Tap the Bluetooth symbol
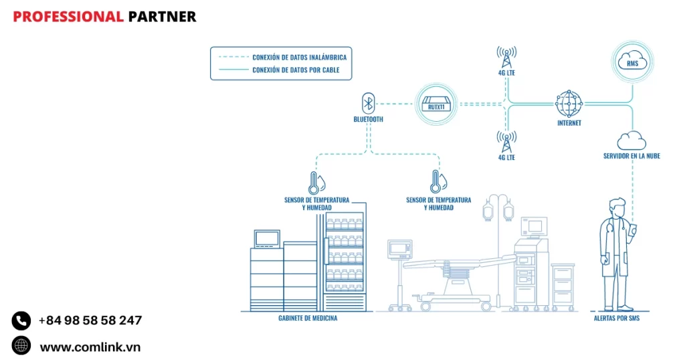coord(367,103)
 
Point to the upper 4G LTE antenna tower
coord(506,57)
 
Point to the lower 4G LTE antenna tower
coord(506,142)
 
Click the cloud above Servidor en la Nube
coord(631,141)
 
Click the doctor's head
coord(617,207)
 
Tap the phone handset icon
coord(21,321)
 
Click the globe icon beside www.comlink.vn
coord(21,346)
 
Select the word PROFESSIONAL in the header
coord(68,17)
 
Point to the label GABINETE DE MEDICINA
coord(308,319)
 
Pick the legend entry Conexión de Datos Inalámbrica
coord(299,57)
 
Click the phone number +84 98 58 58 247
coord(90,321)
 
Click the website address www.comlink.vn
coord(90,347)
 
